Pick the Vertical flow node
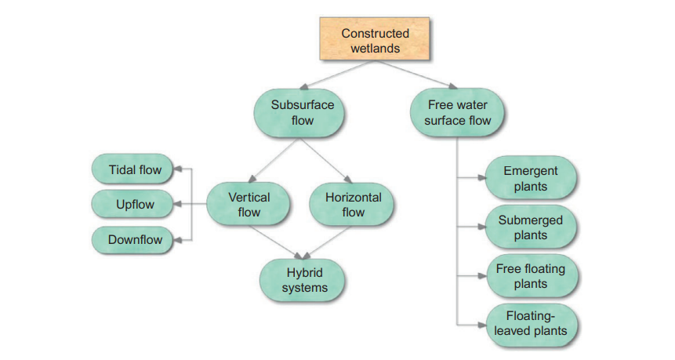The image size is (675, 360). click(x=249, y=204)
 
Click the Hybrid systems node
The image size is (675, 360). click(x=304, y=279)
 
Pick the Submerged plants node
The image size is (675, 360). click(x=530, y=227)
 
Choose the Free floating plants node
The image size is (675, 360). click(x=530, y=276)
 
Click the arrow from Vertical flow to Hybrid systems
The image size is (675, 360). click(x=274, y=241)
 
